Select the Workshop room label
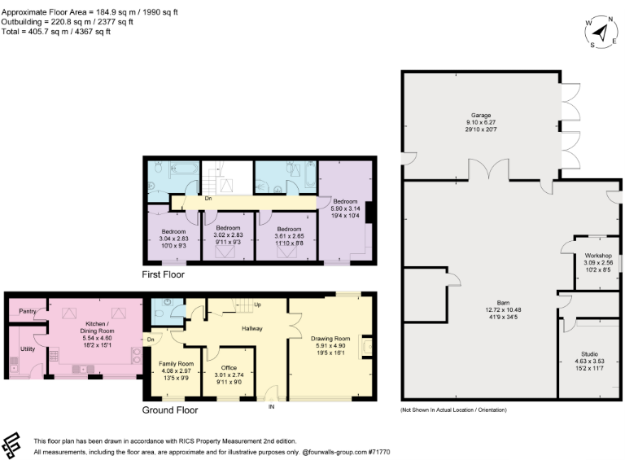click(598, 256)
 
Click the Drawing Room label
click(330, 338)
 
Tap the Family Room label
click(176, 363)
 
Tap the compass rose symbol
click(601, 33)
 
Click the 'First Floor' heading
click(164, 275)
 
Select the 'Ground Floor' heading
click(169, 410)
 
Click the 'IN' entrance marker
click(272, 406)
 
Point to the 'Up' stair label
click(258, 305)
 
